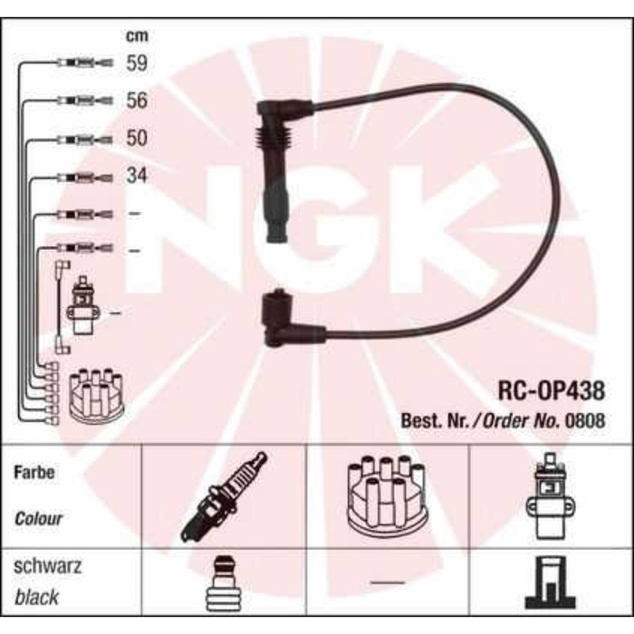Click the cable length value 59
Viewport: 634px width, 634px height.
137,63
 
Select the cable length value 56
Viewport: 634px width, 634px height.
137,101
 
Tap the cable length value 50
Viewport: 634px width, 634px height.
137,139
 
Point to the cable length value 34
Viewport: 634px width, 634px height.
136,176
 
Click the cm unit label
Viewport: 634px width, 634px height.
136,37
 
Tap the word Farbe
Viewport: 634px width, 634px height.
35,473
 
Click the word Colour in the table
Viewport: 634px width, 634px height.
39,519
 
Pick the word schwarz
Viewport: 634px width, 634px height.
48,567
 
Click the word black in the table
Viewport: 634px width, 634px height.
37,597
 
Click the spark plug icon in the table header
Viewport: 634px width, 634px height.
224,496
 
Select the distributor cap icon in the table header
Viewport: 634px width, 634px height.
387,495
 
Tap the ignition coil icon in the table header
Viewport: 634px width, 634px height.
548,495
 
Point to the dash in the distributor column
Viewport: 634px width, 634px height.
387,581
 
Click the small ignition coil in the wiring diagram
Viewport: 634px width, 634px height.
83,305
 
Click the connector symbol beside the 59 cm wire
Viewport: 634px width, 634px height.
83,63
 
